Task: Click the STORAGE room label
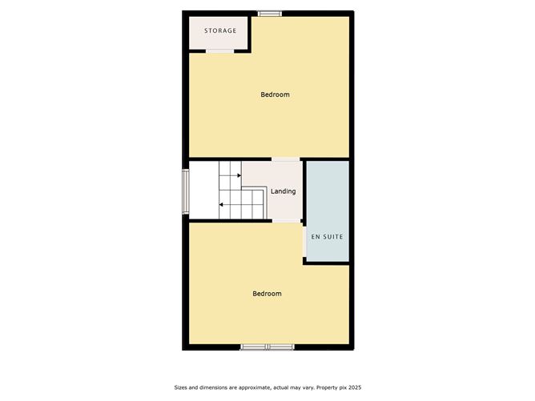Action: [x=220, y=31]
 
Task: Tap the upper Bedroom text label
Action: [x=275, y=94]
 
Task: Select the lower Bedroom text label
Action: [x=267, y=294]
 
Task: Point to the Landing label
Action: [x=284, y=191]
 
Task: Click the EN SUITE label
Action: [x=327, y=238]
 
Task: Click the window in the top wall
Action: [x=269, y=12]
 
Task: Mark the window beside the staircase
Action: [x=186, y=190]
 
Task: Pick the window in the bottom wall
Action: [x=267, y=347]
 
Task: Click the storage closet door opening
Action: [x=219, y=50]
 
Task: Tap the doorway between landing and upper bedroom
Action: [x=285, y=159]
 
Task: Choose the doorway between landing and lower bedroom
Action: [x=285, y=221]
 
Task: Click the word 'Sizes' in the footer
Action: [x=182, y=387]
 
